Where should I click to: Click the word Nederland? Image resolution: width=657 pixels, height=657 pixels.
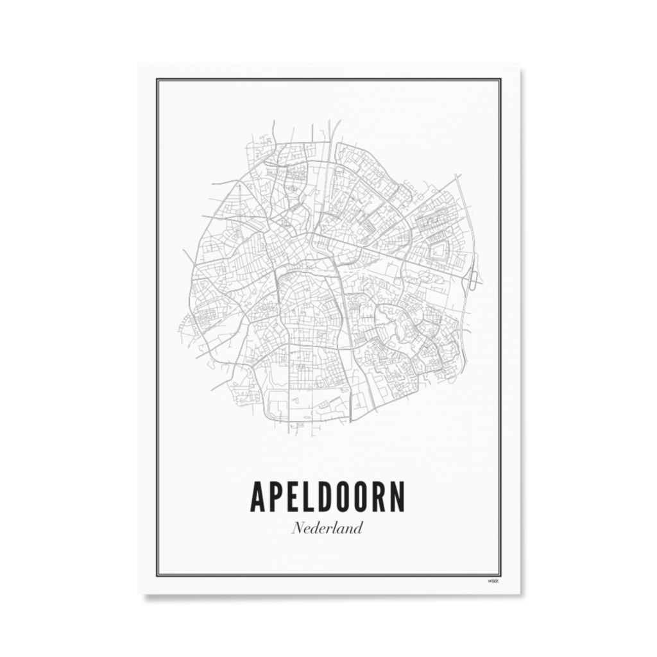coord(327,529)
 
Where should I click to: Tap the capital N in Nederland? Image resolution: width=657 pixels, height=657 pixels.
coord(298,529)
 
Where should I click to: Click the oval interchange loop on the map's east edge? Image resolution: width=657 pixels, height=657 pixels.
coord(474,280)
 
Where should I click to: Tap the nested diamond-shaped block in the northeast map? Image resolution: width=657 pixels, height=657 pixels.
coord(438,251)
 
